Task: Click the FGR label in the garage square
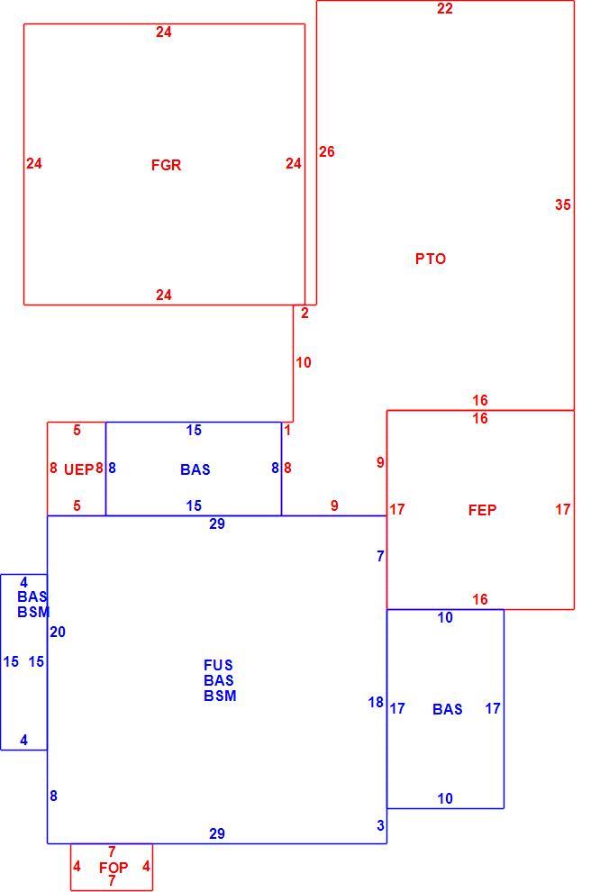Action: pos(166,165)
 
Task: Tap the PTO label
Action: pos(431,259)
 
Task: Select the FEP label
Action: pos(482,510)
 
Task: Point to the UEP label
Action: pos(78,469)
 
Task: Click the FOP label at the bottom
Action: pos(114,868)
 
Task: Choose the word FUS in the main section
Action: pos(218,665)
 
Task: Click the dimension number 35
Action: pos(563,205)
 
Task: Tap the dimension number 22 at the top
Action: pos(445,8)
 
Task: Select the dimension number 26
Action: pos(326,151)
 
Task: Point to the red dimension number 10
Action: pos(303,362)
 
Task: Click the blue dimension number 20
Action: pos(58,632)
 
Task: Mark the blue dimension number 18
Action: pos(376,703)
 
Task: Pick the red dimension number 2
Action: pos(304,313)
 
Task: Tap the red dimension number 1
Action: pos(287,430)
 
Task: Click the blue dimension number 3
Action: pos(380,825)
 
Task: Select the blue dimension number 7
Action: pos(380,556)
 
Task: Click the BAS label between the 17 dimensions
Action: pos(448,709)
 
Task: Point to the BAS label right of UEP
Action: pos(195,469)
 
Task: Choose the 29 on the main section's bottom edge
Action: pos(217,833)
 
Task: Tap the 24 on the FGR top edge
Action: pos(164,32)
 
